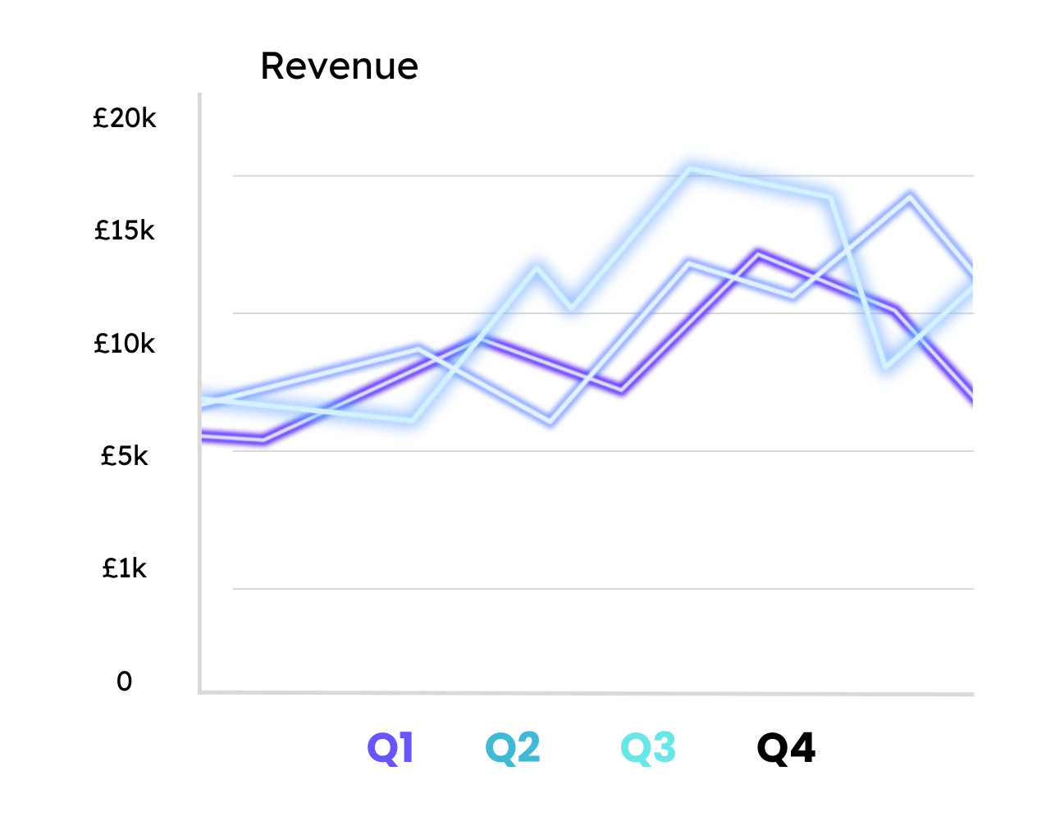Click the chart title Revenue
pyautogui.click(x=339, y=66)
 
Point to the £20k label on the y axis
pyautogui.click(x=125, y=119)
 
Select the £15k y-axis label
pyautogui.click(x=125, y=231)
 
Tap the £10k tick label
pyautogui.click(x=125, y=344)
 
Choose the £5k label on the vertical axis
pyautogui.click(x=125, y=456)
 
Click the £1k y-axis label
pyautogui.click(x=125, y=568)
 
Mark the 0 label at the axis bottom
pyautogui.click(x=124, y=682)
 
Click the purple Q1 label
pyautogui.click(x=391, y=748)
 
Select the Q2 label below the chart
pyautogui.click(x=513, y=748)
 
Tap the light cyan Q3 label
pyautogui.click(x=648, y=748)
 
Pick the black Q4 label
pyautogui.click(x=786, y=748)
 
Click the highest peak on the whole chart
pyautogui.click(x=692, y=169)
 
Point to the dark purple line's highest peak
pyautogui.click(x=759, y=254)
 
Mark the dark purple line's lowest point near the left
pyautogui.click(x=263, y=440)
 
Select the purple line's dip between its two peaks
pyautogui.click(x=622, y=390)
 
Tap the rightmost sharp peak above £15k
pyautogui.click(x=910, y=196)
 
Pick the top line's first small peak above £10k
pyautogui.click(x=537, y=267)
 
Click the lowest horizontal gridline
pyautogui.click(x=603, y=588)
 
